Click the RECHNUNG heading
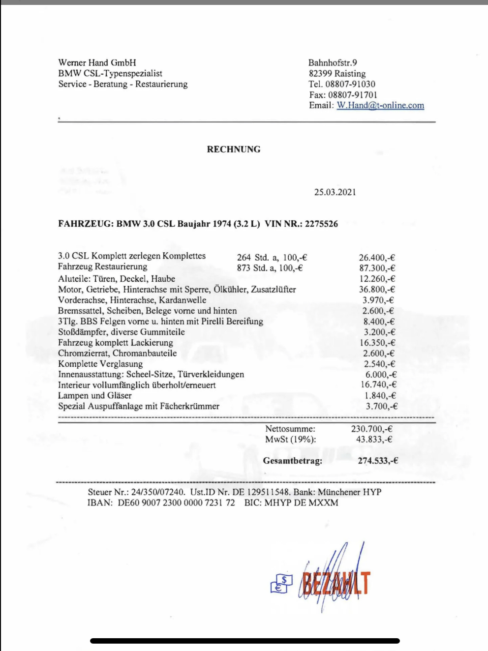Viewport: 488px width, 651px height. (234, 149)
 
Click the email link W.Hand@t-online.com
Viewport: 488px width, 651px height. (380, 105)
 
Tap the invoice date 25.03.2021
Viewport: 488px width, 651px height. (335, 192)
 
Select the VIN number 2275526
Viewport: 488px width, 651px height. (321, 224)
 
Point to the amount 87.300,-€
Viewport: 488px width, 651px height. (377, 268)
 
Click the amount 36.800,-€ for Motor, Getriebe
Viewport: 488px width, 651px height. (377, 290)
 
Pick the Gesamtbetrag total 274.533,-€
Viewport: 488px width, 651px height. (378, 461)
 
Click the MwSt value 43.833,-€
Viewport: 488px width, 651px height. (374, 440)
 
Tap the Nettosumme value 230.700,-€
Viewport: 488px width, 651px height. (371, 429)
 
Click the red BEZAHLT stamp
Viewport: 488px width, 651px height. (336, 583)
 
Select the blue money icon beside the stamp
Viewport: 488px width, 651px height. (281, 584)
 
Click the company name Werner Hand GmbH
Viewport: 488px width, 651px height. (97, 62)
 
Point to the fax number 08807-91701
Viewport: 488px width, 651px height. (353, 94)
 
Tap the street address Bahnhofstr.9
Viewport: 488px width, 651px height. (333, 62)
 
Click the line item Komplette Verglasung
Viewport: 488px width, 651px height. (100, 364)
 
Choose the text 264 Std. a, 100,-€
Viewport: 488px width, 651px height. (272, 257)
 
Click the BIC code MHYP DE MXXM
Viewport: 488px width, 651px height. (301, 503)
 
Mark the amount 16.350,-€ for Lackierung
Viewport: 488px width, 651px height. (377, 343)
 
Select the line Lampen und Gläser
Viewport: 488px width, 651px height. (95, 395)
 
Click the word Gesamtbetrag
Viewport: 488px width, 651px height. (293, 461)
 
